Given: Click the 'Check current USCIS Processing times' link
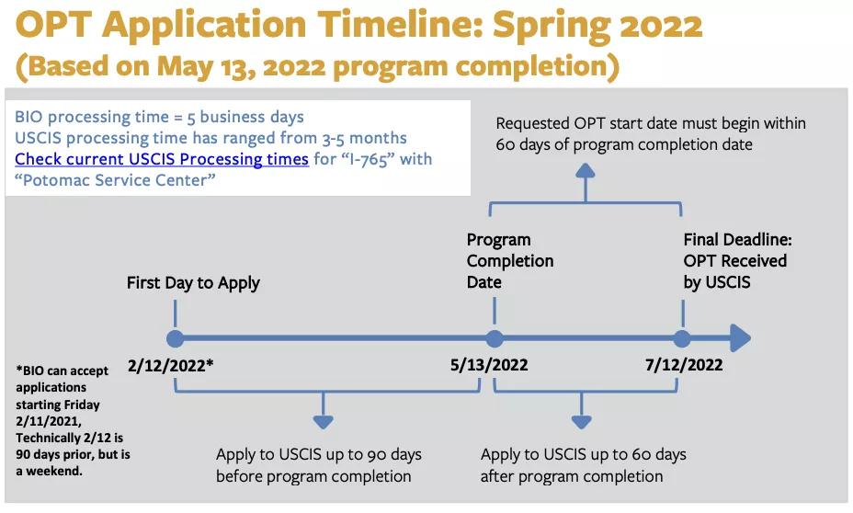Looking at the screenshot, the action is tap(162, 159).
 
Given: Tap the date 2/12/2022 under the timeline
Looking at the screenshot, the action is tap(170, 365).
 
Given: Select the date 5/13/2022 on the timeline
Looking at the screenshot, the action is tap(489, 364).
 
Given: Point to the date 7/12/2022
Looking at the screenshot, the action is tap(684, 364).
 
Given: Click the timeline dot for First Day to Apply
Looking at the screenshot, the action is tap(176, 338).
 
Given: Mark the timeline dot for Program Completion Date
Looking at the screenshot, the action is tap(495, 338).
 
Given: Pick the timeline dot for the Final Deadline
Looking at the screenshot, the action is tap(682, 338).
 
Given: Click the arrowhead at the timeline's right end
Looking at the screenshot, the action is tap(740, 338).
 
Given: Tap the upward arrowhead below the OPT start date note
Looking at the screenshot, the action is tap(586, 171).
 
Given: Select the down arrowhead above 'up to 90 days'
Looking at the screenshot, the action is tap(324, 422).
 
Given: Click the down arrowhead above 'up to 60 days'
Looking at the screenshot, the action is tap(582, 422).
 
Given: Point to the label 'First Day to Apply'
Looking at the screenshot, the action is tap(193, 283).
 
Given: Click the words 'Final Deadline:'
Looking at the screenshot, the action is tap(738, 239).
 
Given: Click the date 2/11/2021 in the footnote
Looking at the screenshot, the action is tap(49, 421).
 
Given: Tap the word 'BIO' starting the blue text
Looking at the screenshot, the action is tap(28, 117).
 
